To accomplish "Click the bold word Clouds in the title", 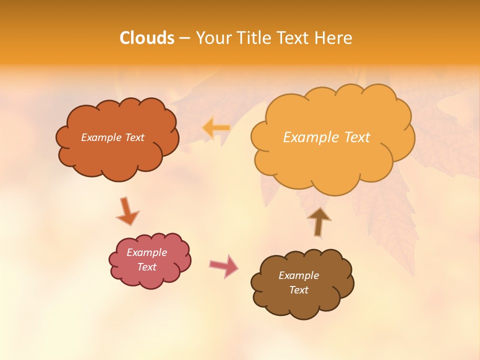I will pos(146,38).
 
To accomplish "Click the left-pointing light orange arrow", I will pos(216,128).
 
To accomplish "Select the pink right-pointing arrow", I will pos(224,266).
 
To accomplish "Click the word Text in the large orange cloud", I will pos(357,137).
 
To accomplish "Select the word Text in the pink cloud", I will pos(147,267).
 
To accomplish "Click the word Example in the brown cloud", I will pos(298,275).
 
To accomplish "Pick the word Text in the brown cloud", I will pos(298,290).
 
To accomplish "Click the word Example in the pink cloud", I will pos(147,252).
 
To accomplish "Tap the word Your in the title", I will pos(212,38).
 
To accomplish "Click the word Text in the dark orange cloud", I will pos(134,137).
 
